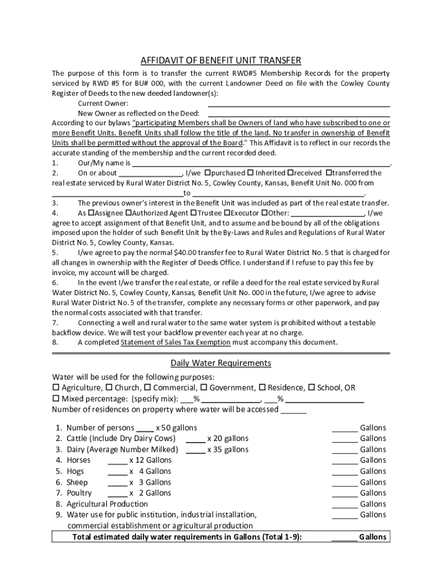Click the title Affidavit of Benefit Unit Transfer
[x=221, y=61]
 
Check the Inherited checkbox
[x=251, y=173]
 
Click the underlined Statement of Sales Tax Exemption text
[x=175, y=342]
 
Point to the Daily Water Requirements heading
[x=221, y=363]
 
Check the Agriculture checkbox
[x=56, y=388]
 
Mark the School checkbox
[x=312, y=388]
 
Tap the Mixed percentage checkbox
[x=56, y=399]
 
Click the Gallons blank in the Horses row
[x=344, y=461]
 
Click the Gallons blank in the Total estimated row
[x=344, y=538]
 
